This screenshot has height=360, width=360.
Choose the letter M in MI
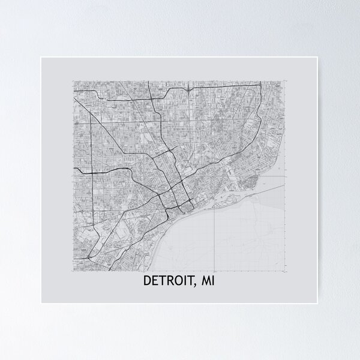(205, 281)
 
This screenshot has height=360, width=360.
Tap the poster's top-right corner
(319, 58)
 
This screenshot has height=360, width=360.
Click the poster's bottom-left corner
(41, 302)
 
